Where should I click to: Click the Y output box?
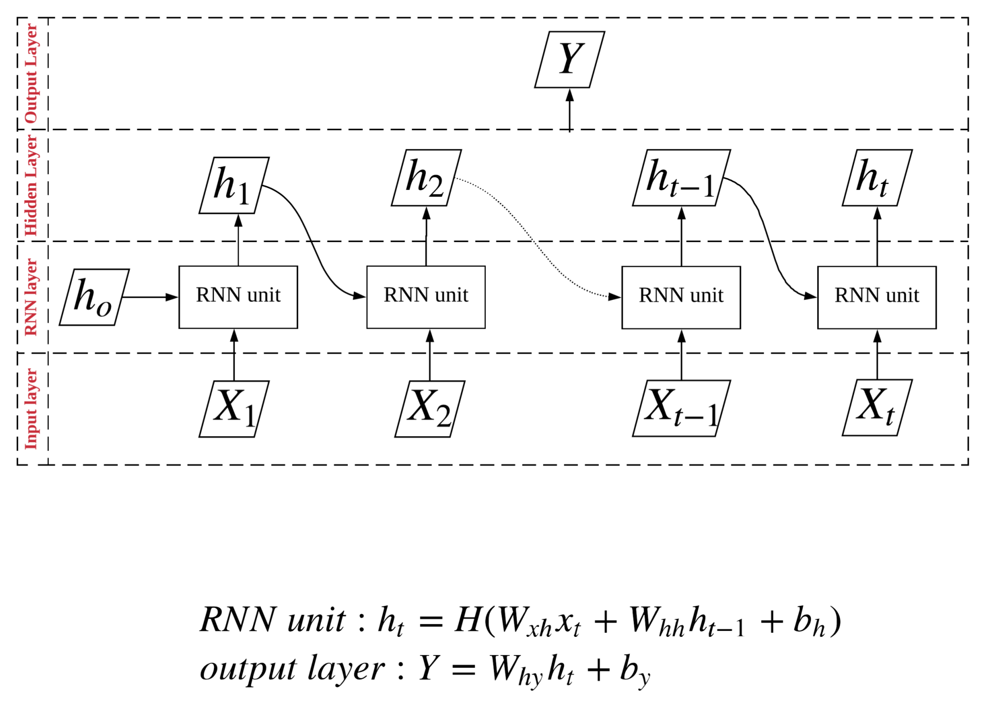(x=569, y=60)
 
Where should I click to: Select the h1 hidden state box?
(x=234, y=185)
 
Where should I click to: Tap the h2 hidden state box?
(x=426, y=178)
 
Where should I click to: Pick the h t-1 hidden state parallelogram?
(x=681, y=178)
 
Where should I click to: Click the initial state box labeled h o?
(x=94, y=297)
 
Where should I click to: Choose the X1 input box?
(x=234, y=408)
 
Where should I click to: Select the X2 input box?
(x=429, y=408)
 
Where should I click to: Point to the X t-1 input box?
(x=681, y=408)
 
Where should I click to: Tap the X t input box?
(x=877, y=407)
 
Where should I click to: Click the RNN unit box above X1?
(x=238, y=297)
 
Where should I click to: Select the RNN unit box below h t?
(x=877, y=297)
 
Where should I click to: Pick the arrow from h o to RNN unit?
(x=150, y=297)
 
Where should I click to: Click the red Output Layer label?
(x=31, y=73)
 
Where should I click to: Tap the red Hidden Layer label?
(x=31, y=185)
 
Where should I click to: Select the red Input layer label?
(x=31, y=408)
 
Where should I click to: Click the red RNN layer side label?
(x=31, y=297)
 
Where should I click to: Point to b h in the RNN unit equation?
(x=809, y=622)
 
